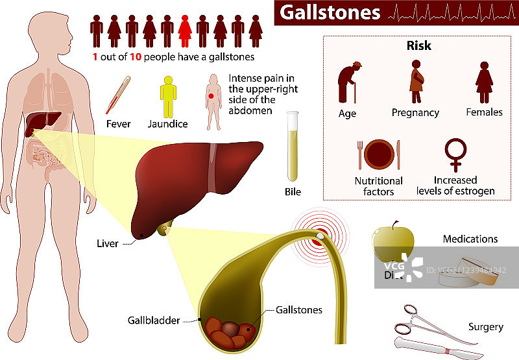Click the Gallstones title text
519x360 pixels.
tap(330, 12)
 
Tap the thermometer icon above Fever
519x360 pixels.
tap(118, 95)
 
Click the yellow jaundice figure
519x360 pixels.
tap(169, 95)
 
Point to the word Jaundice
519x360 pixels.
tap(168, 124)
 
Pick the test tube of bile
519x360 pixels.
tap(293, 147)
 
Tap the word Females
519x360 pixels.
tap(484, 112)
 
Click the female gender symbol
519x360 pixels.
tap(455, 154)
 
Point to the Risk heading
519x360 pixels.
tap(418, 46)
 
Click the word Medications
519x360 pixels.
tap(470, 239)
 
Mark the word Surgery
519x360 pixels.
tap(485, 327)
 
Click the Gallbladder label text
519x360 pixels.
tap(154, 320)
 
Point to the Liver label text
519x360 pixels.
tap(107, 244)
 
